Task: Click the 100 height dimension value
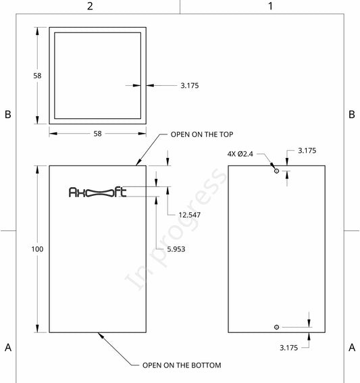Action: pos(37,249)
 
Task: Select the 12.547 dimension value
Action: pos(189,215)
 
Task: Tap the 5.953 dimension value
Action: pos(176,249)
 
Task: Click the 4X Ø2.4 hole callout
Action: pos(240,154)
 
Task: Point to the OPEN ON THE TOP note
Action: pos(202,134)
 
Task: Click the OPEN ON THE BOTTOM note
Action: pos(182,365)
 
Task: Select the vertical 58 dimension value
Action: pos(37,76)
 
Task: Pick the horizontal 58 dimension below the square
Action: pos(97,134)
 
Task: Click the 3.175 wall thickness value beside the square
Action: pos(190,86)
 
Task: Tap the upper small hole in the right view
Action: pos(276,171)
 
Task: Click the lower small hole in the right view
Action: pos(276,327)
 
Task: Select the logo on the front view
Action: pos(97,192)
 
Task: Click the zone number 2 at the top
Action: pos(90,6)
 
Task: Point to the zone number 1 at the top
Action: pos(270,6)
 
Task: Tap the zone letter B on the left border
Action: pos(8,114)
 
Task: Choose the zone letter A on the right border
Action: pos(352,347)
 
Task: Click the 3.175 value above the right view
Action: pos(307,151)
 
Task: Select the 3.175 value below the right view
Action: pos(288,348)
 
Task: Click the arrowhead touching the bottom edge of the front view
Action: pos(101,336)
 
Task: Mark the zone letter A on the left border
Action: pos(8,347)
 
